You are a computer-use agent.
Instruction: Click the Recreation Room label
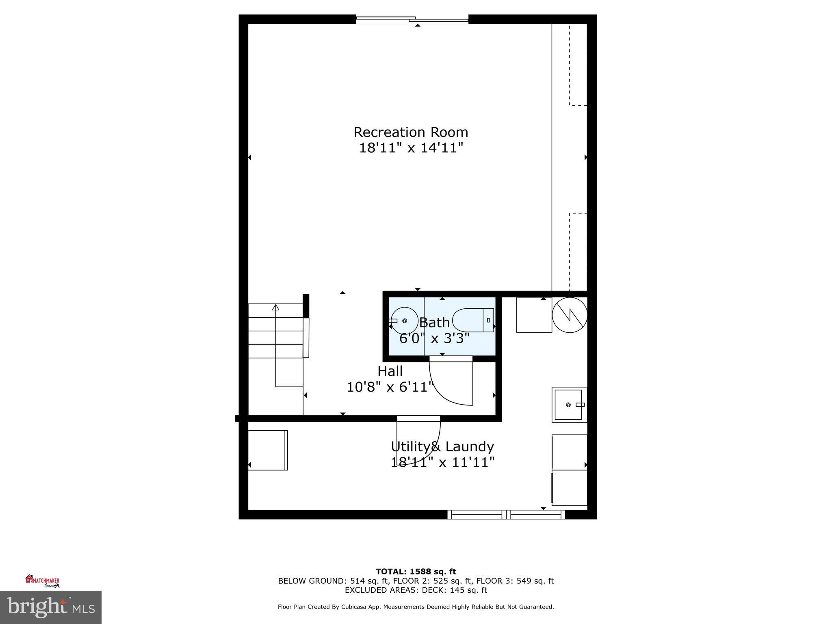tap(411, 132)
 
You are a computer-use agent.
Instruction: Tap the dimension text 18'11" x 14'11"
tap(411, 148)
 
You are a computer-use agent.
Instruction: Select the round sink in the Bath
tap(404, 321)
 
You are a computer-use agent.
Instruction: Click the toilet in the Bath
tap(473, 321)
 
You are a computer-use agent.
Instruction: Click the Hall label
tap(390, 371)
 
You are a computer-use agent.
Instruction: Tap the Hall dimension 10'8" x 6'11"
tap(390, 387)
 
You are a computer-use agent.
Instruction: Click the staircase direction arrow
tap(276, 307)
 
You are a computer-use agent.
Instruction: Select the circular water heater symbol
tap(570, 315)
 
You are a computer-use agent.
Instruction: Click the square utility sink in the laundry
tap(569, 405)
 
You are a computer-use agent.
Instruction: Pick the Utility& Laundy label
tap(442, 447)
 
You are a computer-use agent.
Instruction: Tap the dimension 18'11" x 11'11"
tap(442, 462)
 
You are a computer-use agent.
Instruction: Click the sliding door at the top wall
tap(412, 19)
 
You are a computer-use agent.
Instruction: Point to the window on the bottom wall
tap(506, 515)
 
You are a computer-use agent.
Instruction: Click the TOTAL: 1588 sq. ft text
tap(416, 572)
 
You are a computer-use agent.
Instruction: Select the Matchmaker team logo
tap(43, 581)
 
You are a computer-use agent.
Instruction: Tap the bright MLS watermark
tap(51, 607)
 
